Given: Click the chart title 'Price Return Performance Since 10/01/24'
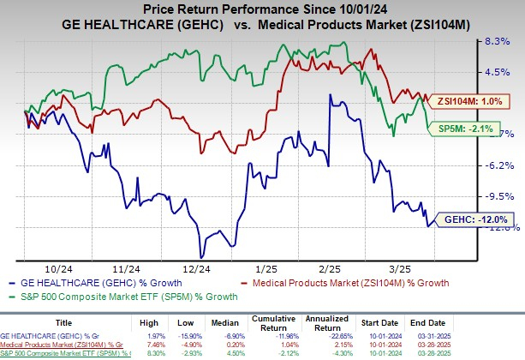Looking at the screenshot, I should pos(261,8).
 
